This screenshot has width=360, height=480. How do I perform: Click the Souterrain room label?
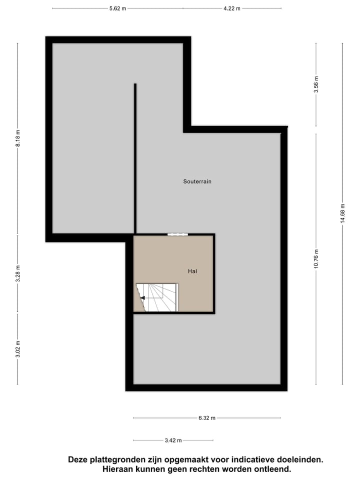(x=197, y=181)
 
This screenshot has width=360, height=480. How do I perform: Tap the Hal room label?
(x=192, y=271)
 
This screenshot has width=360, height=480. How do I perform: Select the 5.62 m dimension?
(x=117, y=8)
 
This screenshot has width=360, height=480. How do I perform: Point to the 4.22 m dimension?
(x=231, y=8)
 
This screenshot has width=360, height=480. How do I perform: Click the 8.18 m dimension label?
(x=17, y=137)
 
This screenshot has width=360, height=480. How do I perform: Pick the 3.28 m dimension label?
(x=17, y=273)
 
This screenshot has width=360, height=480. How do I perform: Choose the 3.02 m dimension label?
(x=17, y=349)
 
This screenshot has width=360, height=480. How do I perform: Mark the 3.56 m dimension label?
(x=316, y=84)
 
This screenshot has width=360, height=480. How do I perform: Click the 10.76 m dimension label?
(x=316, y=258)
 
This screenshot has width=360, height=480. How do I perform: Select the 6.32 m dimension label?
(x=206, y=418)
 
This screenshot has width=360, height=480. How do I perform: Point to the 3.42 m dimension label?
(x=173, y=440)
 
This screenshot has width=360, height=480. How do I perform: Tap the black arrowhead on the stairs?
(x=142, y=298)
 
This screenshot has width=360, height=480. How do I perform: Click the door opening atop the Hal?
(x=177, y=234)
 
